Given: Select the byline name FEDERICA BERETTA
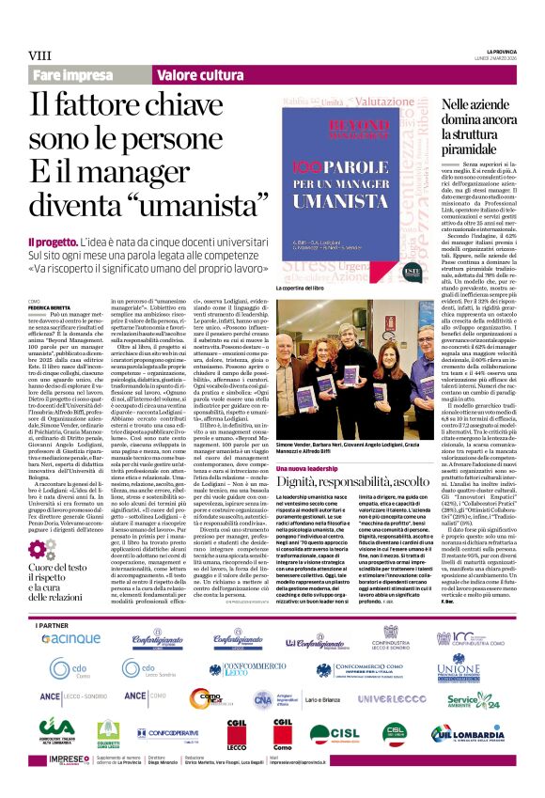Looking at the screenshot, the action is coord(54,307).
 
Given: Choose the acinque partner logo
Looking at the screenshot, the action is coord(70,612).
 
